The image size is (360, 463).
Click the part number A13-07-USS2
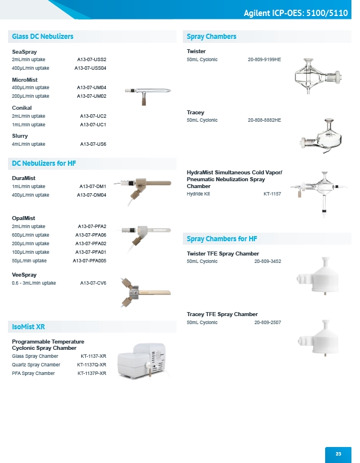91,59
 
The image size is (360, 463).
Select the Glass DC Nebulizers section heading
43,37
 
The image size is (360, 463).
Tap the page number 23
338,454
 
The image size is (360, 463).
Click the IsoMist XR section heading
29,327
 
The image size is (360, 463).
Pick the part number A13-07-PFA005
89,261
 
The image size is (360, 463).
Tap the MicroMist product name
25,79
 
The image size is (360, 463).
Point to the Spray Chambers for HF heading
222,238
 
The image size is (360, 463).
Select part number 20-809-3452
267,261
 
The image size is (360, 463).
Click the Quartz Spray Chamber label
36,365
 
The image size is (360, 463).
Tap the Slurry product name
20,136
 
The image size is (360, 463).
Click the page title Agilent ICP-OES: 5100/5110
295,13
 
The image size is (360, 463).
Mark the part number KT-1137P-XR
92,373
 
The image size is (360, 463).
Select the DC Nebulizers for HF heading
44,163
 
